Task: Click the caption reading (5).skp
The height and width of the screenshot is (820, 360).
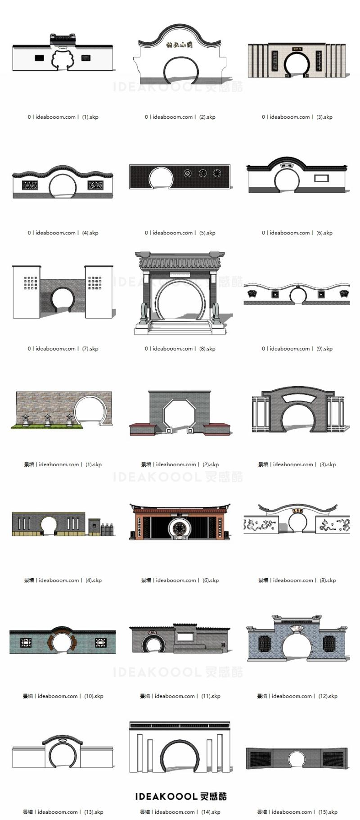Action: click(x=180, y=233)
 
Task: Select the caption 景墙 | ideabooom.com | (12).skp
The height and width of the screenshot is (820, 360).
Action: click(x=297, y=696)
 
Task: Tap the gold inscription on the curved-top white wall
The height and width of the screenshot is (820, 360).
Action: click(x=179, y=45)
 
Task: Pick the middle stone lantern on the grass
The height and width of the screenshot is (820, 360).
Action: click(x=48, y=420)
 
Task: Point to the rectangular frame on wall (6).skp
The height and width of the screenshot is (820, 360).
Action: click(x=321, y=178)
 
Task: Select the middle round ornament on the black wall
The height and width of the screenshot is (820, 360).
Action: click(x=203, y=173)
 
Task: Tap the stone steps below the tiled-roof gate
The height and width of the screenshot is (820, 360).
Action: click(x=180, y=327)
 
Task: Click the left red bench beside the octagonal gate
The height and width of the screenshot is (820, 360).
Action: click(x=144, y=429)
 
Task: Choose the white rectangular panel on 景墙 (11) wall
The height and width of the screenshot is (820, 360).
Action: click(x=184, y=637)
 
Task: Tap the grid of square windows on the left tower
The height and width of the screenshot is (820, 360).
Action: click(x=31, y=283)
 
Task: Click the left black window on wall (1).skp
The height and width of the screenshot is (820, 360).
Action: click(x=40, y=58)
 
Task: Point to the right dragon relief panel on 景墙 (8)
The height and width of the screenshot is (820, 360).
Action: click(x=333, y=525)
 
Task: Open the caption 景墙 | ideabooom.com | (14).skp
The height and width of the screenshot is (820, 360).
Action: click(x=180, y=812)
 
